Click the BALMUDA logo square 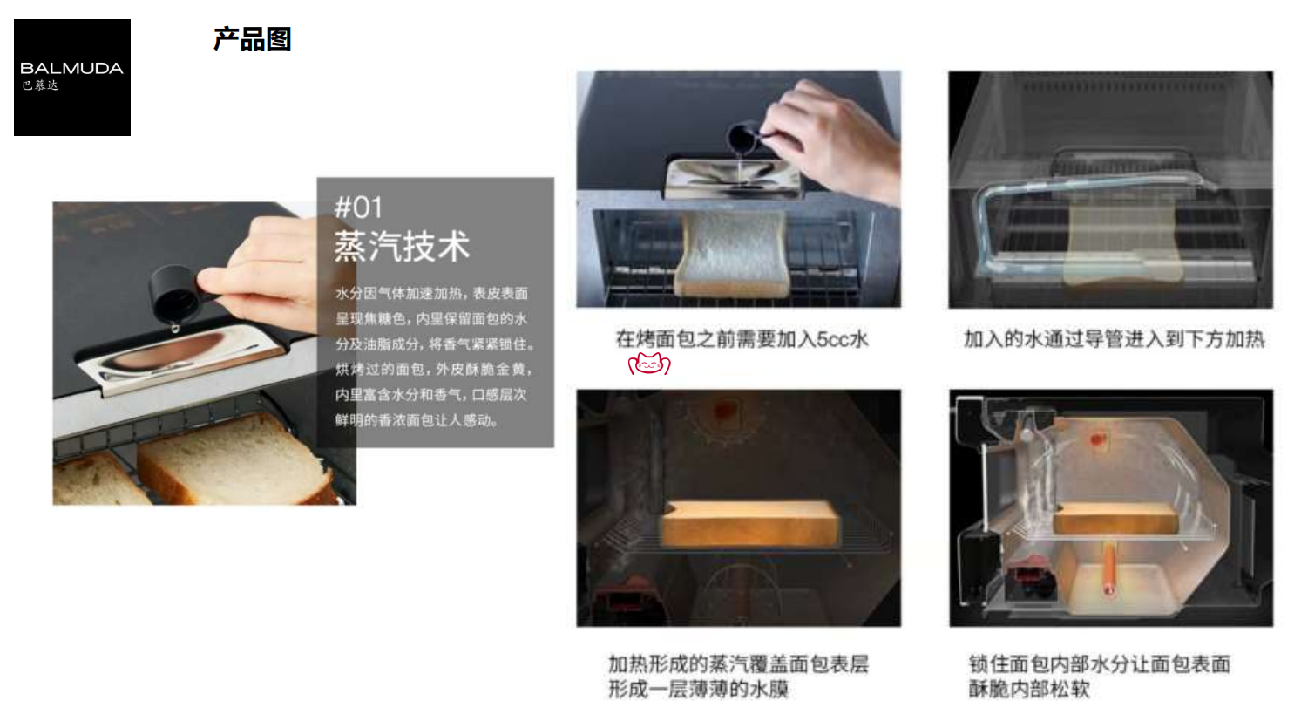(72, 78)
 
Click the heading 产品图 (252, 39)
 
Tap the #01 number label (358, 208)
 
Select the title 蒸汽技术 (402, 247)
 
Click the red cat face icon (649, 364)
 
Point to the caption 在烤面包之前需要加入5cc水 (742, 339)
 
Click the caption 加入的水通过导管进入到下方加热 (1114, 339)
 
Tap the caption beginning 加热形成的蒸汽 (738, 677)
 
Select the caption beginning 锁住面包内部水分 (1099, 677)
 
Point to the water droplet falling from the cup (175, 329)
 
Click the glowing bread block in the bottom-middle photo (749, 523)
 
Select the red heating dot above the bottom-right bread (1096, 439)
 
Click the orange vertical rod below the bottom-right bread (1108, 568)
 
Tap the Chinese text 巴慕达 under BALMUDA (41, 85)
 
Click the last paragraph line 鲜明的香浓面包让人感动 (417, 420)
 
